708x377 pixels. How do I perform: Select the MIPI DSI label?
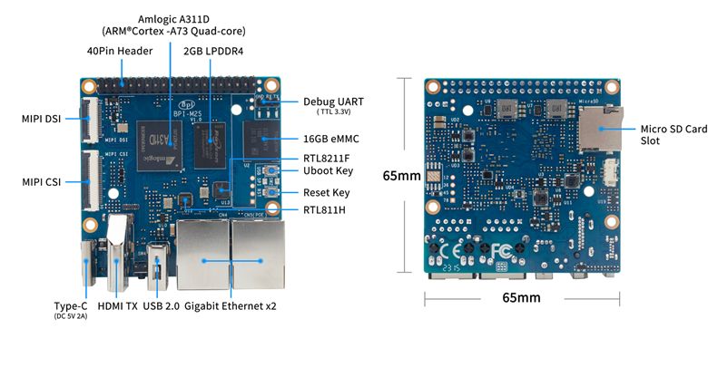tap(41, 119)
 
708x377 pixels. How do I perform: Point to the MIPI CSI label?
tap(41, 182)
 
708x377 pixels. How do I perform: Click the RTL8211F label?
tap(327, 159)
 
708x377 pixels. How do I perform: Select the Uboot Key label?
tap(329, 171)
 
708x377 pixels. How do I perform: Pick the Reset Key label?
tap(327, 193)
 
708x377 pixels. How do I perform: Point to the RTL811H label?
tap(326, 210)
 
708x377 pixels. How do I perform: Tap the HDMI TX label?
tap(118, 306)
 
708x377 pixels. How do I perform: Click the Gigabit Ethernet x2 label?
tap(231, 306)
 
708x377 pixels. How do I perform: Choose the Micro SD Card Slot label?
tap(673, 134)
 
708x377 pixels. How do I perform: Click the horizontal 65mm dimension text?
tap(522, 297)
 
